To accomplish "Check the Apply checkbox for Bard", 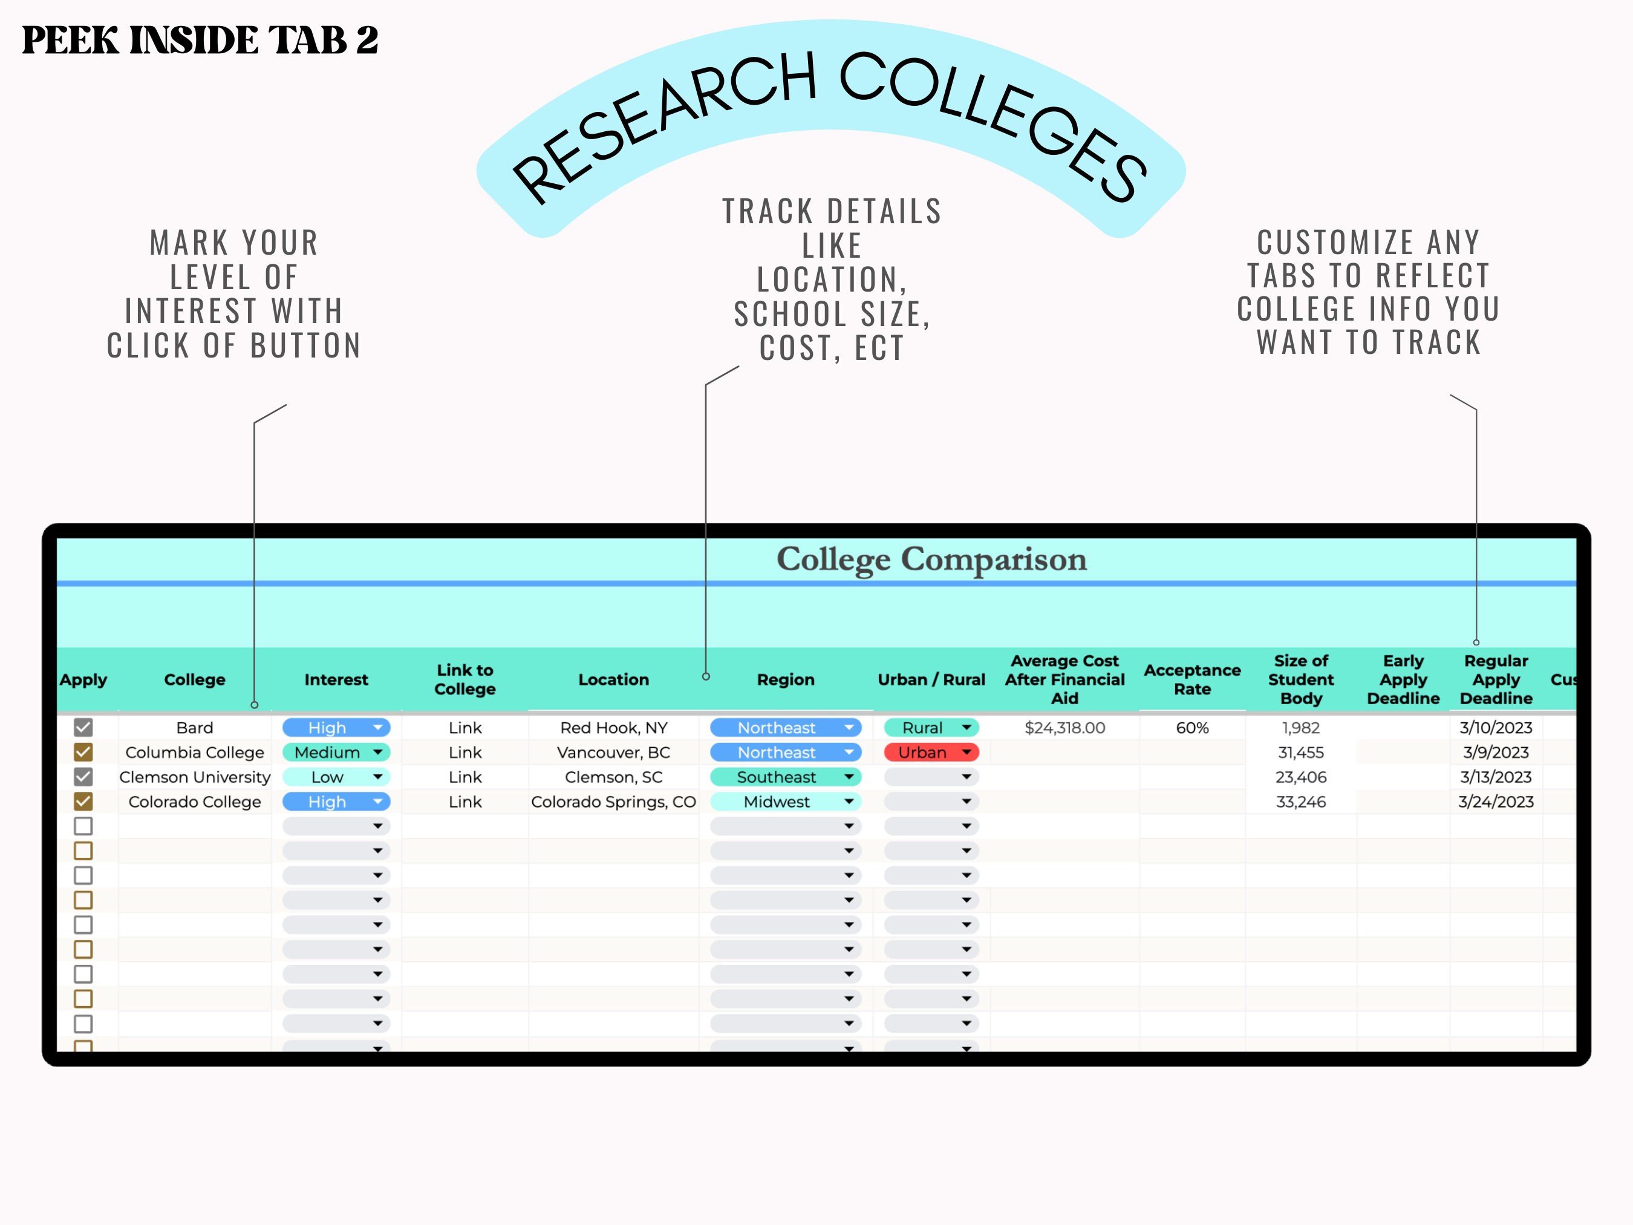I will (x=83, y=727).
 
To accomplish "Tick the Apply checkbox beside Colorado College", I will (x=83, y=801).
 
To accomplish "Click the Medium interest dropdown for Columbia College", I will (x=336, y=753).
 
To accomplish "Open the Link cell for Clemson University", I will (x=465, y=777).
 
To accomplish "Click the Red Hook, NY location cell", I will (x=613, y=727).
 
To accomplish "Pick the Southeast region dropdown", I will (x=785, y=777).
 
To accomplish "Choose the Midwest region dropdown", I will (x=785, y=801).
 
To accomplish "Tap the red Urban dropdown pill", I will (x=931, y=753).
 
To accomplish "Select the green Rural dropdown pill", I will (x=931, y=727).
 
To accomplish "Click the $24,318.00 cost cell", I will (x=1064, y=727).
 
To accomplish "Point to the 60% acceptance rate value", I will (x=1192, y=727).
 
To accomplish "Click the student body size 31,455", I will (x=1301, y=753).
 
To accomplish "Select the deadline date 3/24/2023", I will (x=1496, y=801).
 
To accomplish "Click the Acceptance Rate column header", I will (x=1192, y=679).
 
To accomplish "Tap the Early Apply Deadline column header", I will (x=1403, y=679).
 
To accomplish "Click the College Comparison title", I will (x=931, y=559).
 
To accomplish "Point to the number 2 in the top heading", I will (x=367, y=40).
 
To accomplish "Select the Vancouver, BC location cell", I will (x=613, y=753).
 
